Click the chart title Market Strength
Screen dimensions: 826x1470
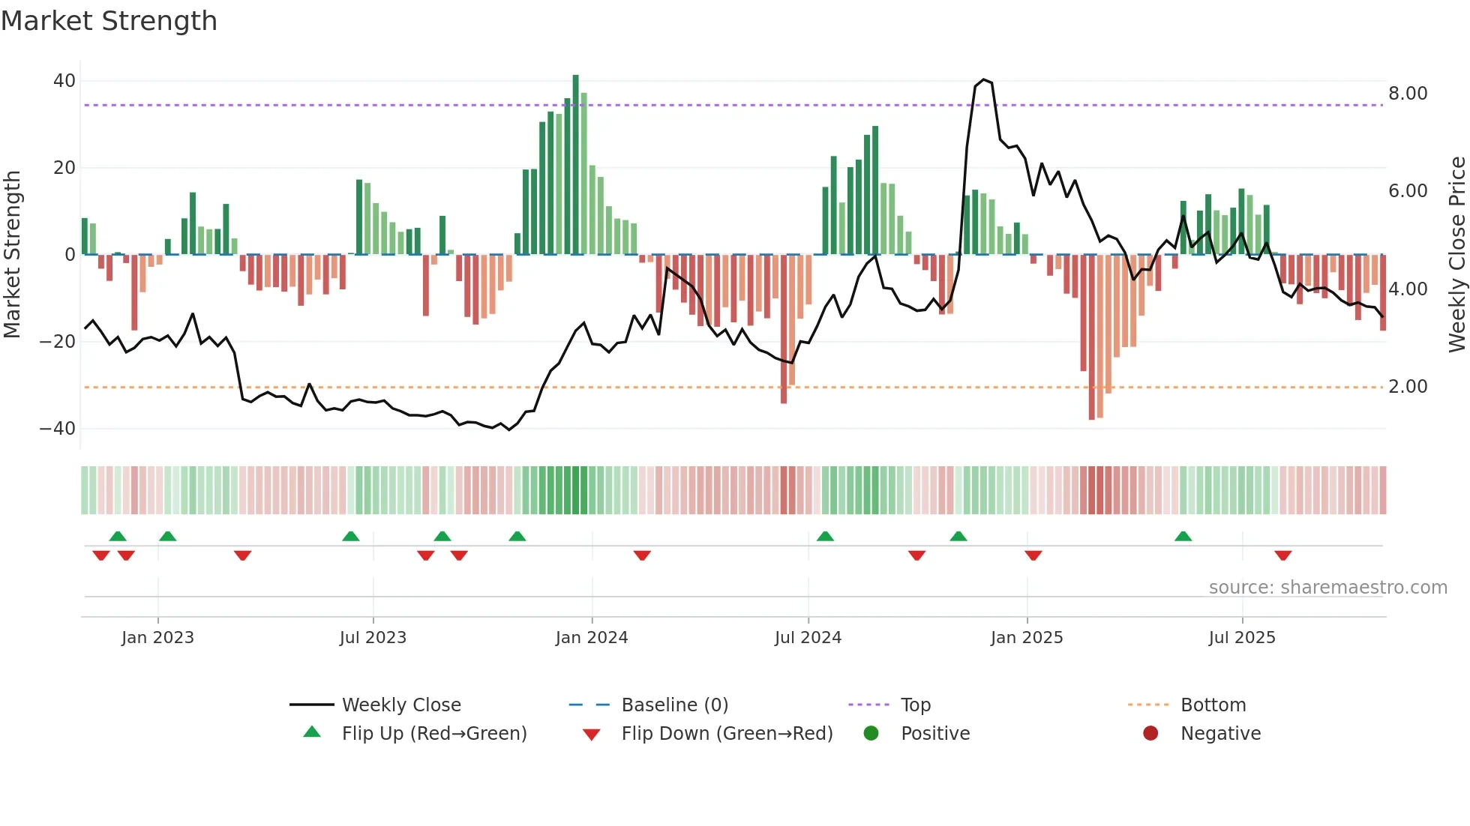[109, 21]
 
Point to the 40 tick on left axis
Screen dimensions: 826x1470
[64, 81]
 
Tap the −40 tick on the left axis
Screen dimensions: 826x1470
[58, 429]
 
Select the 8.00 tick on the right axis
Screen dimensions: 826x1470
[1408, 94]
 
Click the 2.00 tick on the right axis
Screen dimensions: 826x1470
[1408, 387]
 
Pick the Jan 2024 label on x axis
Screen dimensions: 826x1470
[592, 638]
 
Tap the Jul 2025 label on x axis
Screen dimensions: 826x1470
[1242, 638]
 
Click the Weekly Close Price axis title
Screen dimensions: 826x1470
[1456, 255]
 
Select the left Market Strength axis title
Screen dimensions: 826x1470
[12, 255]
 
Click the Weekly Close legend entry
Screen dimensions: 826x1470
[401, 705]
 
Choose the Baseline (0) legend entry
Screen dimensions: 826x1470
[674, 705]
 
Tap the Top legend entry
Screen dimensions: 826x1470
[915, 705]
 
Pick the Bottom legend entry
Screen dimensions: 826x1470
[1213, 705]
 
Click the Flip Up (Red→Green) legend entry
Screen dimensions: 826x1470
[433, 734]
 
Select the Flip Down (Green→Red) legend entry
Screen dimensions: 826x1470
[727, 734]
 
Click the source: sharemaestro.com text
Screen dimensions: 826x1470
[1327, 588]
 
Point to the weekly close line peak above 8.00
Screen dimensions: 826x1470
[983, 79]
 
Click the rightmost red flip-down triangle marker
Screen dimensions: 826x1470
[1282, 555]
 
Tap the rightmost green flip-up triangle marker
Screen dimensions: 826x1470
[1183, 537]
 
